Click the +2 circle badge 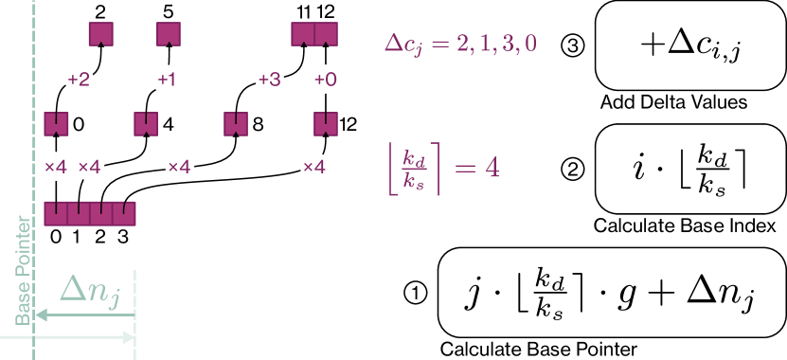pos(79,80)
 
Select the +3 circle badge pos(270,80)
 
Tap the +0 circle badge pos(326,80)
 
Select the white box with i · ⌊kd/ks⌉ pos(689,169)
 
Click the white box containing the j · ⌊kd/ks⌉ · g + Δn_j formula pos(612,292)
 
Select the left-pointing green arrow pos(84,316)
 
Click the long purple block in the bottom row pos(90,212)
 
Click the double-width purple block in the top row pos(314,35)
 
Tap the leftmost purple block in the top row pos(101,35)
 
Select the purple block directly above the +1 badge pos(169,35)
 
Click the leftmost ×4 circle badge pos(56,167)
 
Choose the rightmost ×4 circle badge pos(313,167)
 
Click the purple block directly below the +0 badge pos(326,122)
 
